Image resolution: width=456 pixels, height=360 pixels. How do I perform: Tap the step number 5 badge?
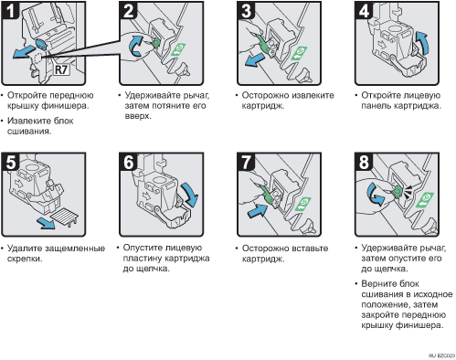[x=10, y=162]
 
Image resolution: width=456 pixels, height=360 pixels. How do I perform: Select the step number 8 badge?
[x=364, y=162]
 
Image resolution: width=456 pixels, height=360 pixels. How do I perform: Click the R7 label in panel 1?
[x=61, y=69]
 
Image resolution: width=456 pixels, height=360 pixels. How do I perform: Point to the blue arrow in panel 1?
[x=24, y=52]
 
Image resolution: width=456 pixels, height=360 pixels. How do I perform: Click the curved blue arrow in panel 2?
[x=136, y=46]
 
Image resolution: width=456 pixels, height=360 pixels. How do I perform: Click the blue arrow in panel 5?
[x=46, y=223]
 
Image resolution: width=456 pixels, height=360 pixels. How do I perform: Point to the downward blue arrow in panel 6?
[x=190, y=194]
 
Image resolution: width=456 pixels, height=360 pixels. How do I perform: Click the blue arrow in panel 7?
[x=258, y=211]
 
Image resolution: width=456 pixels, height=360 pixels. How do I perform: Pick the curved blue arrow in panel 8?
[x=376, y=195]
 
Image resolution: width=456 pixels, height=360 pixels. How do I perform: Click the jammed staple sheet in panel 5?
[x=64, y=217]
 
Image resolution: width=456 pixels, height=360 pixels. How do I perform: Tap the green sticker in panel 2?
[x=178, y=49]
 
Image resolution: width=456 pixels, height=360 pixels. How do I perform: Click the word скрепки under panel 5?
[x=25, y=259]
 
